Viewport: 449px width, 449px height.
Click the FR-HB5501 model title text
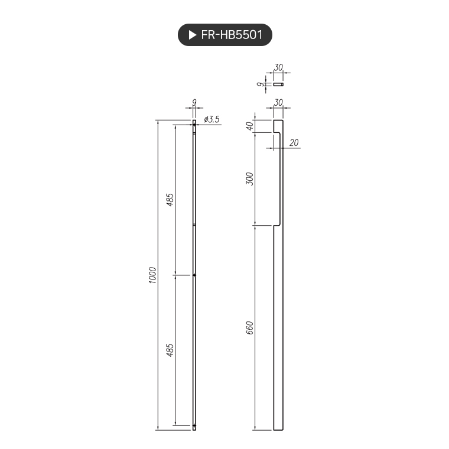232,35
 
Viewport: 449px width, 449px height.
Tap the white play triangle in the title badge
193,35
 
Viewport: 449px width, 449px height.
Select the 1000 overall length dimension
152,275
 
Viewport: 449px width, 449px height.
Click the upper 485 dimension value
170,200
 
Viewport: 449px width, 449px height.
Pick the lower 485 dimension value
170,350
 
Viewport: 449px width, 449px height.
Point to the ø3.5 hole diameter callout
212,119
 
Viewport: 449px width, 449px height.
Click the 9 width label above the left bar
194,102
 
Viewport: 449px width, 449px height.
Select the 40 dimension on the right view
250,126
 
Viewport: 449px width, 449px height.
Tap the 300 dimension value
250,179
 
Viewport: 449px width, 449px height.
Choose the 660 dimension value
250,327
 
